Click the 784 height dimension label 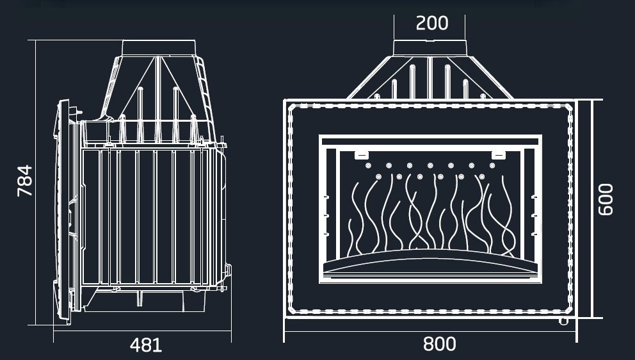(x=25, y=181)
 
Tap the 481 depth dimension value (x=146, y=345)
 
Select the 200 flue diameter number (x=432, y=23)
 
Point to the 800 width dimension (x=439, y=344)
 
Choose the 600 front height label (x=606, y=199)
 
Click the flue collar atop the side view (x=159, y=48)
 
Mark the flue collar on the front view (x=430, y=48)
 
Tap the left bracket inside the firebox (x=361, y=155)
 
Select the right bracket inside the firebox (x=499, y=155)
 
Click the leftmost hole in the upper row (x=368, y=165)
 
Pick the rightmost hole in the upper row (x=492, y=165)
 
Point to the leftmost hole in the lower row (x=379, y=177)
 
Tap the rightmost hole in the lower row (x=481, y=177)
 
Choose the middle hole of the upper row (x=430, y=165)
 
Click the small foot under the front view (x=563, y=322)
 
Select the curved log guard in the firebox (x=430, y=263)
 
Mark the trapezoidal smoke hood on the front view (x=430, y=78)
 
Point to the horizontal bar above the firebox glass (x=430, y=142)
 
